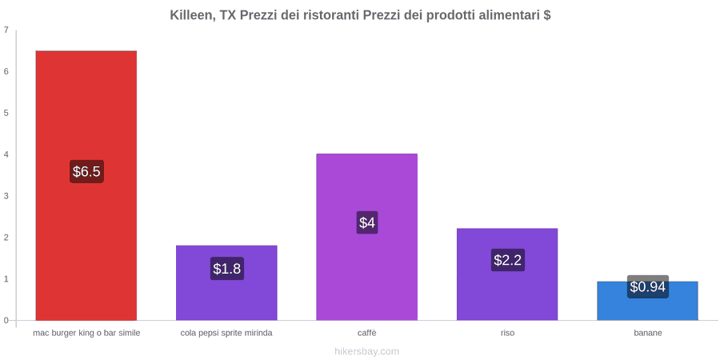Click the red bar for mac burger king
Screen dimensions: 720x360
click(86, 186)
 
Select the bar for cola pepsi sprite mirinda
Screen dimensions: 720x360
click(226, 283)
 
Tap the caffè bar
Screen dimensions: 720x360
click(367, 237)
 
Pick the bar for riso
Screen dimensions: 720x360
click(507, 274)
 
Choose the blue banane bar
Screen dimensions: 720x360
click(647, 301)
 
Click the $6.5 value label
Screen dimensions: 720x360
click(86, 172)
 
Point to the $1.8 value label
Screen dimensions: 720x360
click(227, 269)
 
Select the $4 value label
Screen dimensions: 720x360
click(367, 222)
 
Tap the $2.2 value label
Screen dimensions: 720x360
click(507, 260)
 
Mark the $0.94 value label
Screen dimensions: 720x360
click(647, 287)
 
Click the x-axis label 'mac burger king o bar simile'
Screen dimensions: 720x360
click(86, 333)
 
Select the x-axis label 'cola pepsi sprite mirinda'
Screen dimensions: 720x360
click(226, 333)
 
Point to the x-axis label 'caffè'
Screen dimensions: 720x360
click(367, 333)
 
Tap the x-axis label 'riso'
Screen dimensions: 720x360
click(507, 333)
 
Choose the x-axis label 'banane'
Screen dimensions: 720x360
click(648, 333)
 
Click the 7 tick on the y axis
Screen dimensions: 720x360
click(6, 30)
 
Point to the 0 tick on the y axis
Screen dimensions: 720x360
click(6, 321)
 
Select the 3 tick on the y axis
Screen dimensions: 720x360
click(6, 196)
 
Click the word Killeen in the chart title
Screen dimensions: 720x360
click(192, 15)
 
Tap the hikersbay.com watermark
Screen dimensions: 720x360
click(367, 352)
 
